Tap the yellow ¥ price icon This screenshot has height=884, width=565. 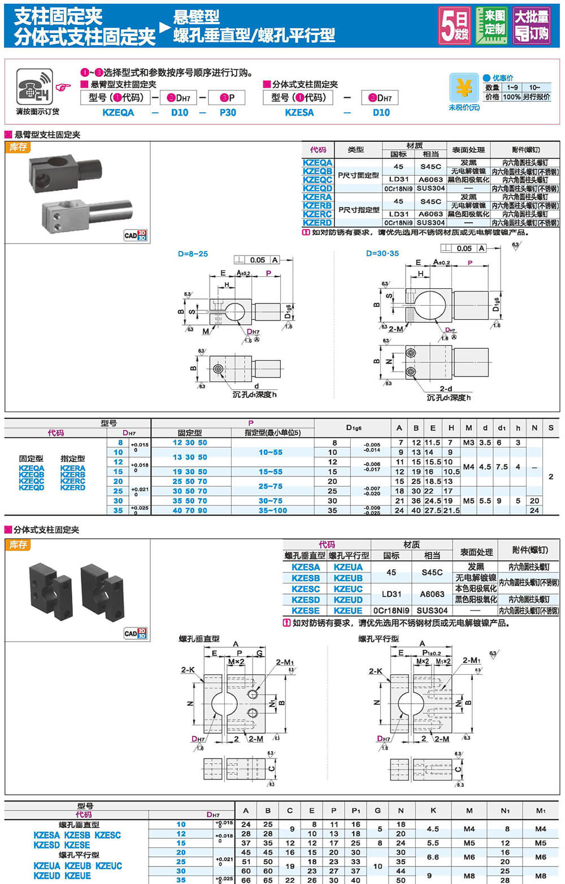coord(464,88)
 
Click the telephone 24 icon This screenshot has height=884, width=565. coord(34,86)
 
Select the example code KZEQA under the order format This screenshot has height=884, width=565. coord(118,112)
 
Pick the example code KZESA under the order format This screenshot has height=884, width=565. coord(299,112)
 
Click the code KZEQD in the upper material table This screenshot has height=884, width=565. coord(318,188)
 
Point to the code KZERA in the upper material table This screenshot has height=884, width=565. coord(318,197)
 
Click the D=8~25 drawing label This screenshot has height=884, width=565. coord(193,254)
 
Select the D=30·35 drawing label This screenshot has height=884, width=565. coord(383,253)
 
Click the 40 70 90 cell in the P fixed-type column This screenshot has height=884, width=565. coord(190,510)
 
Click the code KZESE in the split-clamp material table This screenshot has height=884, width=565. coord(306,610)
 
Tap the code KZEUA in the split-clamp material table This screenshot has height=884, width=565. coord(348,567)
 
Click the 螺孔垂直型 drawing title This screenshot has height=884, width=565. coord(199,639)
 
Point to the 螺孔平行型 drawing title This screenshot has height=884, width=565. coord(379,639)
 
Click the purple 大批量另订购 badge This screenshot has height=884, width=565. coord(531,25)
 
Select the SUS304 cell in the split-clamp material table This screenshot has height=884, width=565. coord(432,610)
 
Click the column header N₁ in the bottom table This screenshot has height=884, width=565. coord(505,811)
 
